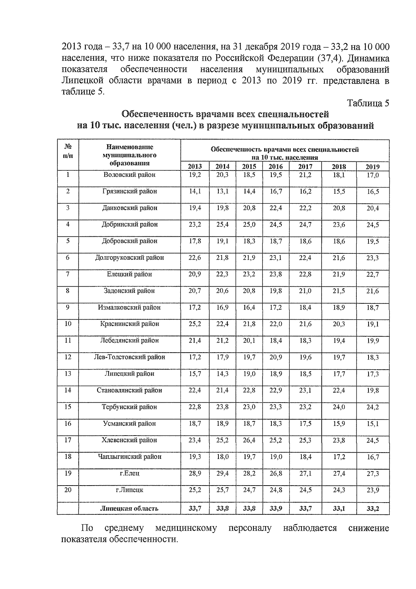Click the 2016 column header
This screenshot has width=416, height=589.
[276, 167]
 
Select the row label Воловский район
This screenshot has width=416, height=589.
[130, 175]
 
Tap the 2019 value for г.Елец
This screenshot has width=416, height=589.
[373, 474]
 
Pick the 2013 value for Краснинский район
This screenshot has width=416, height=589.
[194, 324]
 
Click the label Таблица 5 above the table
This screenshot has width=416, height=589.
[368, 103]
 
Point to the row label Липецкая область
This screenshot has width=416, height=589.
[129, 508]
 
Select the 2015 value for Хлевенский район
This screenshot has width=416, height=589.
[249, 440]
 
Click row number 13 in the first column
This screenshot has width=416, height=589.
[68, 374]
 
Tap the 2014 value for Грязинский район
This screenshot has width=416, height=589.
[223, 192]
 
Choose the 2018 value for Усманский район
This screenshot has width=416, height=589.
[339, 424]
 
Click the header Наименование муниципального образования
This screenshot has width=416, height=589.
[130, 155]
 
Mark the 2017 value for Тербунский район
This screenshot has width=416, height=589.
[305, 407]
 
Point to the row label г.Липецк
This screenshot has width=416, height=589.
[130, 490]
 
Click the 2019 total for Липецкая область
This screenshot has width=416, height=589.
[373, 509]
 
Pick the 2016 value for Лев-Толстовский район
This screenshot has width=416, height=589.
[276, 357]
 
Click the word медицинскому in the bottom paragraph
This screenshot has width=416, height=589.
[186, 528]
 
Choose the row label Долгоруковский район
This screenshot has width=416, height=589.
[130, 258]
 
